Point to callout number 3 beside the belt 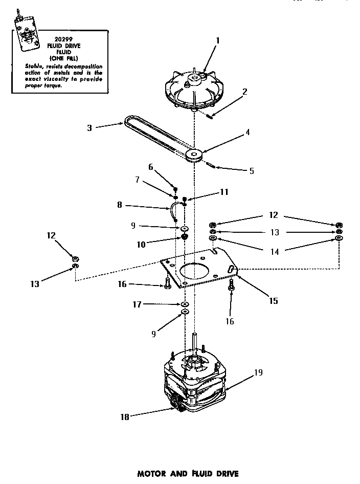click(x=89, y=127)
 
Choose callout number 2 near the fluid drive click(x=245, y=92)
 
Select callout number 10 click(x=141, y=244)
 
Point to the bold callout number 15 click(x=274, y=301)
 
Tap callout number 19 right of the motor click(x=258, y=372)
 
